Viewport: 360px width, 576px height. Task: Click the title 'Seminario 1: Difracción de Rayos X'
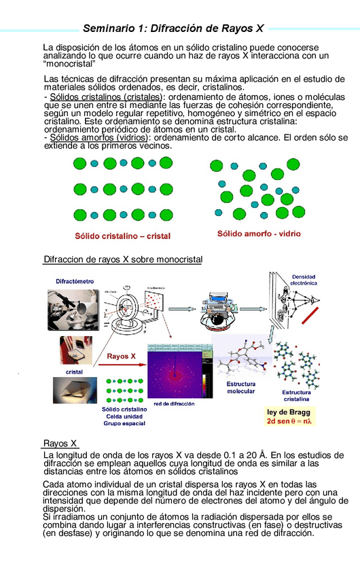tap(173, 29)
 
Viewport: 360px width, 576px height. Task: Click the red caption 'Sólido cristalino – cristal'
tap(122, 236)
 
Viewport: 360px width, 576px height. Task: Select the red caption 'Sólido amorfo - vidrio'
tap(259, 234)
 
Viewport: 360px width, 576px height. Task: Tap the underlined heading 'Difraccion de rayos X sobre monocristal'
tap(123, 259)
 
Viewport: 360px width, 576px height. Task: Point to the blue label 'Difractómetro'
tap(75, 281)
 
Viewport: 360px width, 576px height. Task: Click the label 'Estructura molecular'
tap(241, 388)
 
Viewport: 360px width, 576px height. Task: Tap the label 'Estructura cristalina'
tap(296, 396)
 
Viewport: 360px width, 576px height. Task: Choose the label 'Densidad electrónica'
tap(303, 280)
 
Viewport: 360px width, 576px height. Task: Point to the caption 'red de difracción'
tap(174, 403)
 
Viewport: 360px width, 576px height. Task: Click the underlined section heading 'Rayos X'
tap(60, 444)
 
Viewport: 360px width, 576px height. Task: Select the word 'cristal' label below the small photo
tap(74, 372)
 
